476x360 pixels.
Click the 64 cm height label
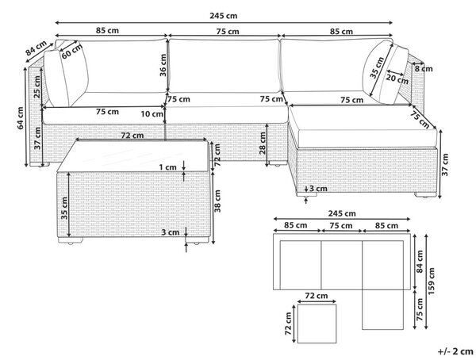[21, 118]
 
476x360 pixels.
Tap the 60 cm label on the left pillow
[71, 52]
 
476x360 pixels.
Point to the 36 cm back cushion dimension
[163, 65]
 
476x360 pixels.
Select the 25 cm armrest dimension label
[37, 86]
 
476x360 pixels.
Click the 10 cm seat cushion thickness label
[152, 114]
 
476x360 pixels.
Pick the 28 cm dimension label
[263, 144]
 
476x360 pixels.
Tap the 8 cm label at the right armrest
[424, 69]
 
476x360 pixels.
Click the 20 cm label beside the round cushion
[397, 79]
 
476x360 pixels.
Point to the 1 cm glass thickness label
[168, 167]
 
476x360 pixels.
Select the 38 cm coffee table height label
[217, 201]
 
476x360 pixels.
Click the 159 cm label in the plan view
[431, 281]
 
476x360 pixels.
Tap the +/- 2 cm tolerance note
[455, 351]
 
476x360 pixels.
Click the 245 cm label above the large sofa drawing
[224, 16]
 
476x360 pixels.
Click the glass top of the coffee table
[133, 156]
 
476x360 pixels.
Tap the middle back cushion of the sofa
[224, 66]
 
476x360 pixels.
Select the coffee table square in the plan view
[317, 324]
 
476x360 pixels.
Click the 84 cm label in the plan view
[420, 262]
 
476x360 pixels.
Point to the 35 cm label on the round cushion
[377, 67]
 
